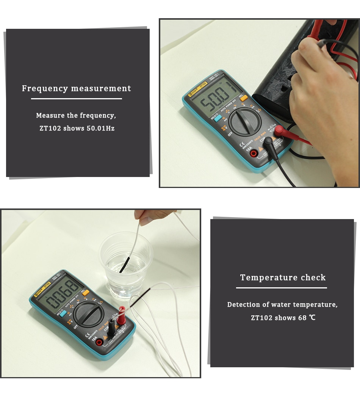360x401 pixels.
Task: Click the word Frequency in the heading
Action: point(45,89)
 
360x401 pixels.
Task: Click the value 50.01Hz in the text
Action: point(100,128)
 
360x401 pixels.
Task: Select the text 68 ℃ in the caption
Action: point(307,318)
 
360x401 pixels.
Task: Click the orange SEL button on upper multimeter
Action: point(244,98)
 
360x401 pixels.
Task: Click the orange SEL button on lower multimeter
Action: point(86,292)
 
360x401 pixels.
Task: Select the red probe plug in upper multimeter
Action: point(282,132)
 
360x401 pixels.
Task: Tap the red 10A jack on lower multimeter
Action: point(99,343)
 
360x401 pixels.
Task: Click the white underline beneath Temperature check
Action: point(281,288)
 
